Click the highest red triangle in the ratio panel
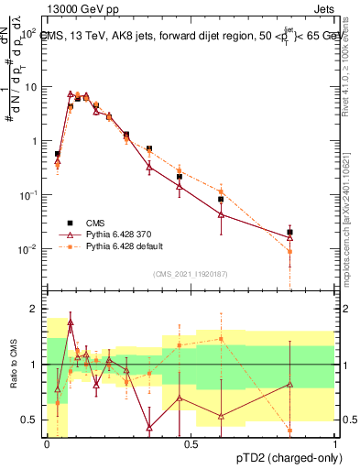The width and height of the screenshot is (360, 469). pyautogui.click(x=71, y=324)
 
